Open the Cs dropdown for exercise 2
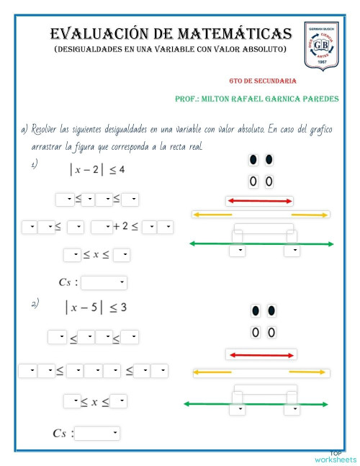(x=97, y=434)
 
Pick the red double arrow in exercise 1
(x=260, y=201)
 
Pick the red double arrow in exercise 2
(x=261, y=354)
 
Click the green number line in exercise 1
(x=261, y=244)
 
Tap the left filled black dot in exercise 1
(x=253, y=160)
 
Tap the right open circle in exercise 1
(x=269, y=182)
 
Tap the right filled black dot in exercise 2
(x=271, y=311)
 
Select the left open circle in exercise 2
(x=255, y=332)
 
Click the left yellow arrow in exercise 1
(x=212, y=215)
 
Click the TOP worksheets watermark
(x=335, y=457)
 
